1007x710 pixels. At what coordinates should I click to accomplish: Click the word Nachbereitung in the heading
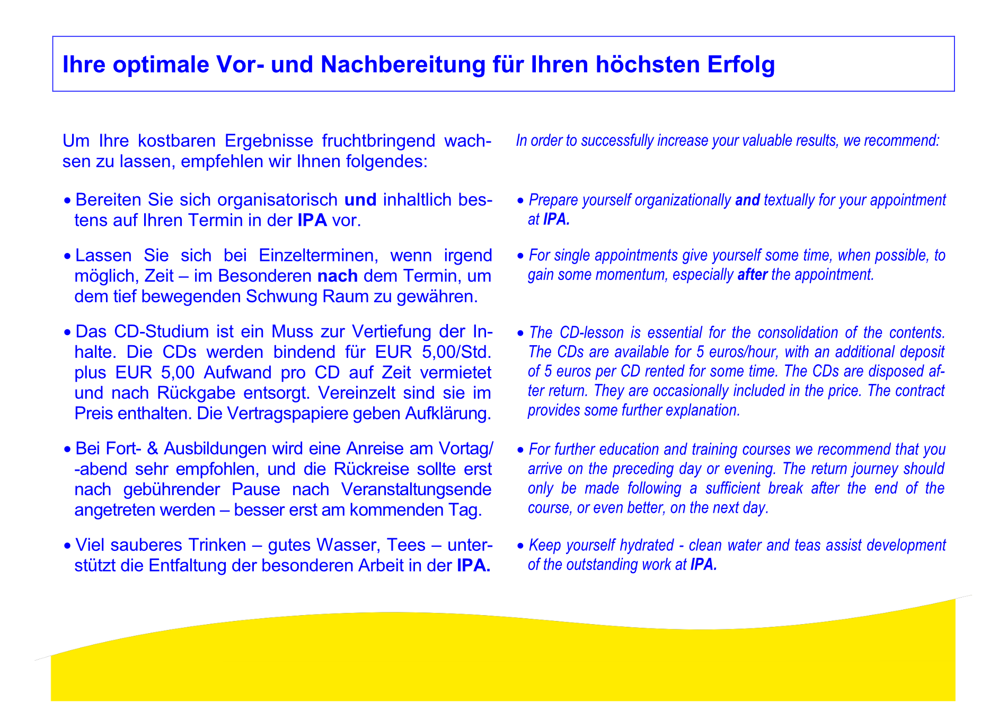[x=403, y=65]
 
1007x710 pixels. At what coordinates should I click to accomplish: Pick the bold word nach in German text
[x=338, y=276]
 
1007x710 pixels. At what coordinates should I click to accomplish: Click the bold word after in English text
[x=752, y=275]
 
